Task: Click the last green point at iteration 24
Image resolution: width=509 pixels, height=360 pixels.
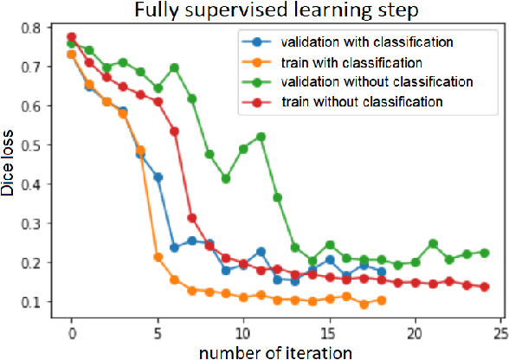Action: pos(485,253)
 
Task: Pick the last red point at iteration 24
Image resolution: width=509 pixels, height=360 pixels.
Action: pos(485,286)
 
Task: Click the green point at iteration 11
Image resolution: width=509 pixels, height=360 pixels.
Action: pos(261,137)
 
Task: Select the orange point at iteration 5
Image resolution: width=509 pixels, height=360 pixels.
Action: pos(158,257)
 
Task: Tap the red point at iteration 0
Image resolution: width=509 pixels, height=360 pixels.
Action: pos(72,37)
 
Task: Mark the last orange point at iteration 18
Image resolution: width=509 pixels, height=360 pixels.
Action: pos(381,300)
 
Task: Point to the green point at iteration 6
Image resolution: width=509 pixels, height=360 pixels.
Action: pos(175,67)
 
